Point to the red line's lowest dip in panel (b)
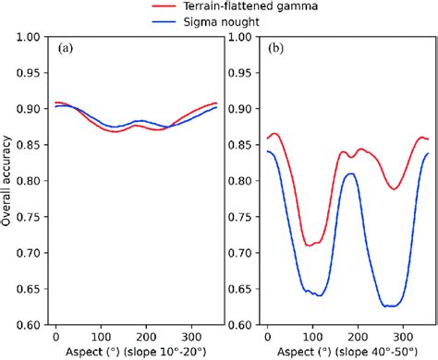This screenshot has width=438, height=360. (x=311, y=246)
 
